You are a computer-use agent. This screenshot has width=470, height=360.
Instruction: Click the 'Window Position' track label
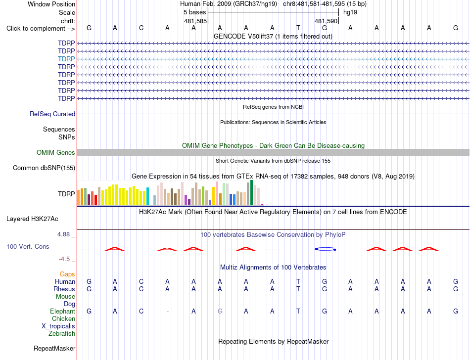point(51,4)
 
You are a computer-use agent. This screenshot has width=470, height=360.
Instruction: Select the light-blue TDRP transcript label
point(66,59)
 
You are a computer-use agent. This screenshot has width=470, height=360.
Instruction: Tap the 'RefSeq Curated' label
point(52,114)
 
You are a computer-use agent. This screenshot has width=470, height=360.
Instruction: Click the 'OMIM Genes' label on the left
point(56,152)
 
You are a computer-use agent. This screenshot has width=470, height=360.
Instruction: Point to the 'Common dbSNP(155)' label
point(44,168)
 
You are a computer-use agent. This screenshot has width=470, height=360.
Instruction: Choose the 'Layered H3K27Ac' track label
point(32,219)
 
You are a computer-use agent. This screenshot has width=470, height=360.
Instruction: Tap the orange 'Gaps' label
point(67,274)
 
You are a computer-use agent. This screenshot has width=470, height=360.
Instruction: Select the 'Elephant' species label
point(62,312)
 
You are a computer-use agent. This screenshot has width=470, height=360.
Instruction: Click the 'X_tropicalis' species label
point(58,326)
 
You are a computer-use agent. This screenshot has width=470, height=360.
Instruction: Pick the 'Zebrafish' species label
point(62,334)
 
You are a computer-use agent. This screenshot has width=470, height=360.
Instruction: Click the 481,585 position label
point(195,21)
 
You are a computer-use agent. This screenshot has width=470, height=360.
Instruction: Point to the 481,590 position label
point(326,21)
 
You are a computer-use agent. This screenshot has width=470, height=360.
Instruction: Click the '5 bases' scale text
point(195,12)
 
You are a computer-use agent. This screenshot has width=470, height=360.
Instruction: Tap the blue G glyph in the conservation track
point(325,249)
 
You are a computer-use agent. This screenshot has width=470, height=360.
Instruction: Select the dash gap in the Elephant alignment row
point(168,312)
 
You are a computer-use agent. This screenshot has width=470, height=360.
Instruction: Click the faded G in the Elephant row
point(220,312)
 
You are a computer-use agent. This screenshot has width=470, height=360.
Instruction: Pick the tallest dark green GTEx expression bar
point(251,192)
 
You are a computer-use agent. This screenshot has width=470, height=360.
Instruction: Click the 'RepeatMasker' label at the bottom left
point(54,348)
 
